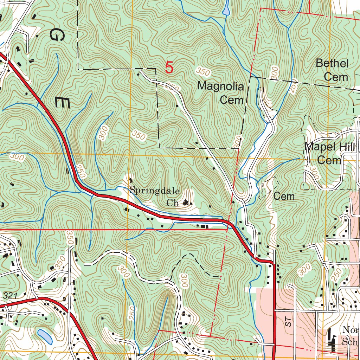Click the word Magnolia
[x=220, y=86]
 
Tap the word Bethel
[x=332, y=64]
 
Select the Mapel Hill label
[x=330, y=147]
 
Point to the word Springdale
[x=155, y=191]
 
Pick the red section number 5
[x=169, y=67]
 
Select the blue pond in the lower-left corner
[x=45, y=336]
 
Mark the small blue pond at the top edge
[x=226, y=9]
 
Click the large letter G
[x=55, y=34]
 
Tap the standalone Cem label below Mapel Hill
[x=284, y=196]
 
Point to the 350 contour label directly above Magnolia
[x=203, y=72]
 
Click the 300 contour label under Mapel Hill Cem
[x=313, y=172]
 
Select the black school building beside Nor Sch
[x=331, y=339]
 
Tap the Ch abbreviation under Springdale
[x=172, y=203]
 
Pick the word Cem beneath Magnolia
[x=232, y=100]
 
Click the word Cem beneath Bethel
[x=336, y=77]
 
